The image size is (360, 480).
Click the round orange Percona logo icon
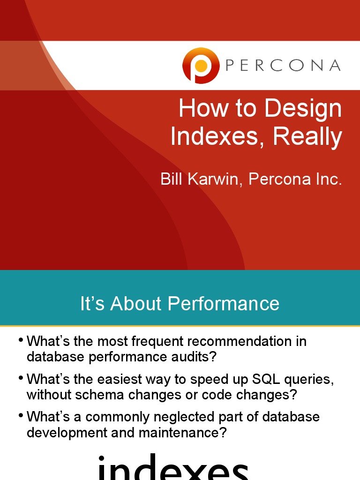pos(201,66)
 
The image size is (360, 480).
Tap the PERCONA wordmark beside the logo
pos(283,66)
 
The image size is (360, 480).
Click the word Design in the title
pos(303,109)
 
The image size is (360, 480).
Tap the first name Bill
pos(172,179)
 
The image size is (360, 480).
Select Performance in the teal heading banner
pos(224,304)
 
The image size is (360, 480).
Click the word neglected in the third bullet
pos(198,417)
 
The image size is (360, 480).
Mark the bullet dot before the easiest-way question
pos(20,378)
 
